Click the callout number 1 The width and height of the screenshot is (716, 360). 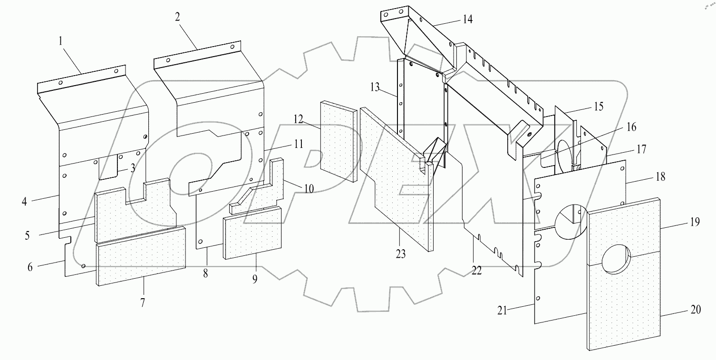coord(61,41)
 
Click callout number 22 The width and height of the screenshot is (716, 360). coord(476,270)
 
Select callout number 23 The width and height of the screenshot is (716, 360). coord(401,254)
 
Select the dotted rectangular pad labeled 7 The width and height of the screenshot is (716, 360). coord(141,256)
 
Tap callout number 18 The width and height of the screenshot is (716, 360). coord(659,177)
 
